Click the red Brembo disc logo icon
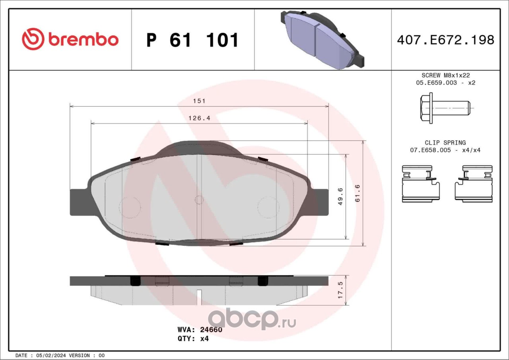[x=33, y=39]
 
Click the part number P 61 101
[x=192, y=40]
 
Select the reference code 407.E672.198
[x=446, y=40]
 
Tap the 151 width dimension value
[x=199, y=101]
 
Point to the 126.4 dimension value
[x=199, y=118]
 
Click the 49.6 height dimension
[x=340, y=197]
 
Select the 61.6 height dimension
[x=357, y=194]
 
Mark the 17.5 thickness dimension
[x=340, y=290]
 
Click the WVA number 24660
[x=211, y=329]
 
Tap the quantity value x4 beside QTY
[x=204, y=339]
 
